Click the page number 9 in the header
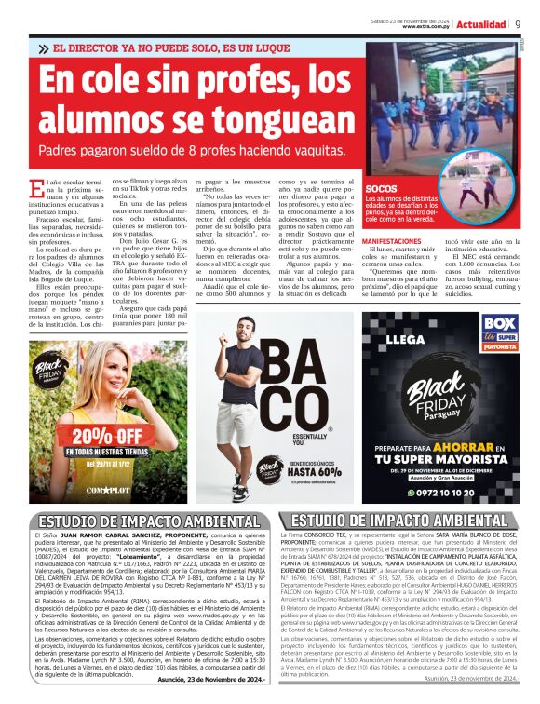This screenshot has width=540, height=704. tap(518, 24)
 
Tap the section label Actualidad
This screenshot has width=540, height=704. tap(480, 24)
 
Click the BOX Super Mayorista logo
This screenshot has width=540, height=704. tap(499, 334)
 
